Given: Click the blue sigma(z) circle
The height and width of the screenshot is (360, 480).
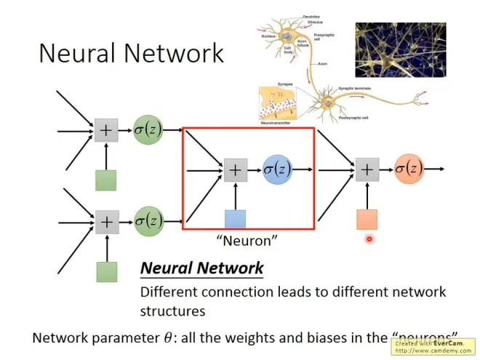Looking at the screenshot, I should [276, 169].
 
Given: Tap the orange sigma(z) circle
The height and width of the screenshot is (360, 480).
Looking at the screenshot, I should [409, 169].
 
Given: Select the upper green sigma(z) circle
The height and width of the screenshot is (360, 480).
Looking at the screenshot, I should [148, 131].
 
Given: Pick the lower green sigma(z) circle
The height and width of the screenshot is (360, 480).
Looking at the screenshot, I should [148, 221].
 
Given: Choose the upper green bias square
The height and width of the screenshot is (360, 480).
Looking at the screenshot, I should [106, 180].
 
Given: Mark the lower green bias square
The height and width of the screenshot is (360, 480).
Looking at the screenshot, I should [106, 271].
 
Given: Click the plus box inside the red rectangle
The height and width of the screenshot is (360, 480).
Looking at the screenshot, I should [235, 170].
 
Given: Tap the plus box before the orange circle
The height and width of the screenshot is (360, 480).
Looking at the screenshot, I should [367, 170].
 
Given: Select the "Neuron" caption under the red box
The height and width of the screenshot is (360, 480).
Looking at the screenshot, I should [247, 239].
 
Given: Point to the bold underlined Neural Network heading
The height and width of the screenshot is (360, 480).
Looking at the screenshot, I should [201, 268].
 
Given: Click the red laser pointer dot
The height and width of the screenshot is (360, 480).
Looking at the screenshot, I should [369, 239].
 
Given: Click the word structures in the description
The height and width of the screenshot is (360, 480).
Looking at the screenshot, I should [172, 311].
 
